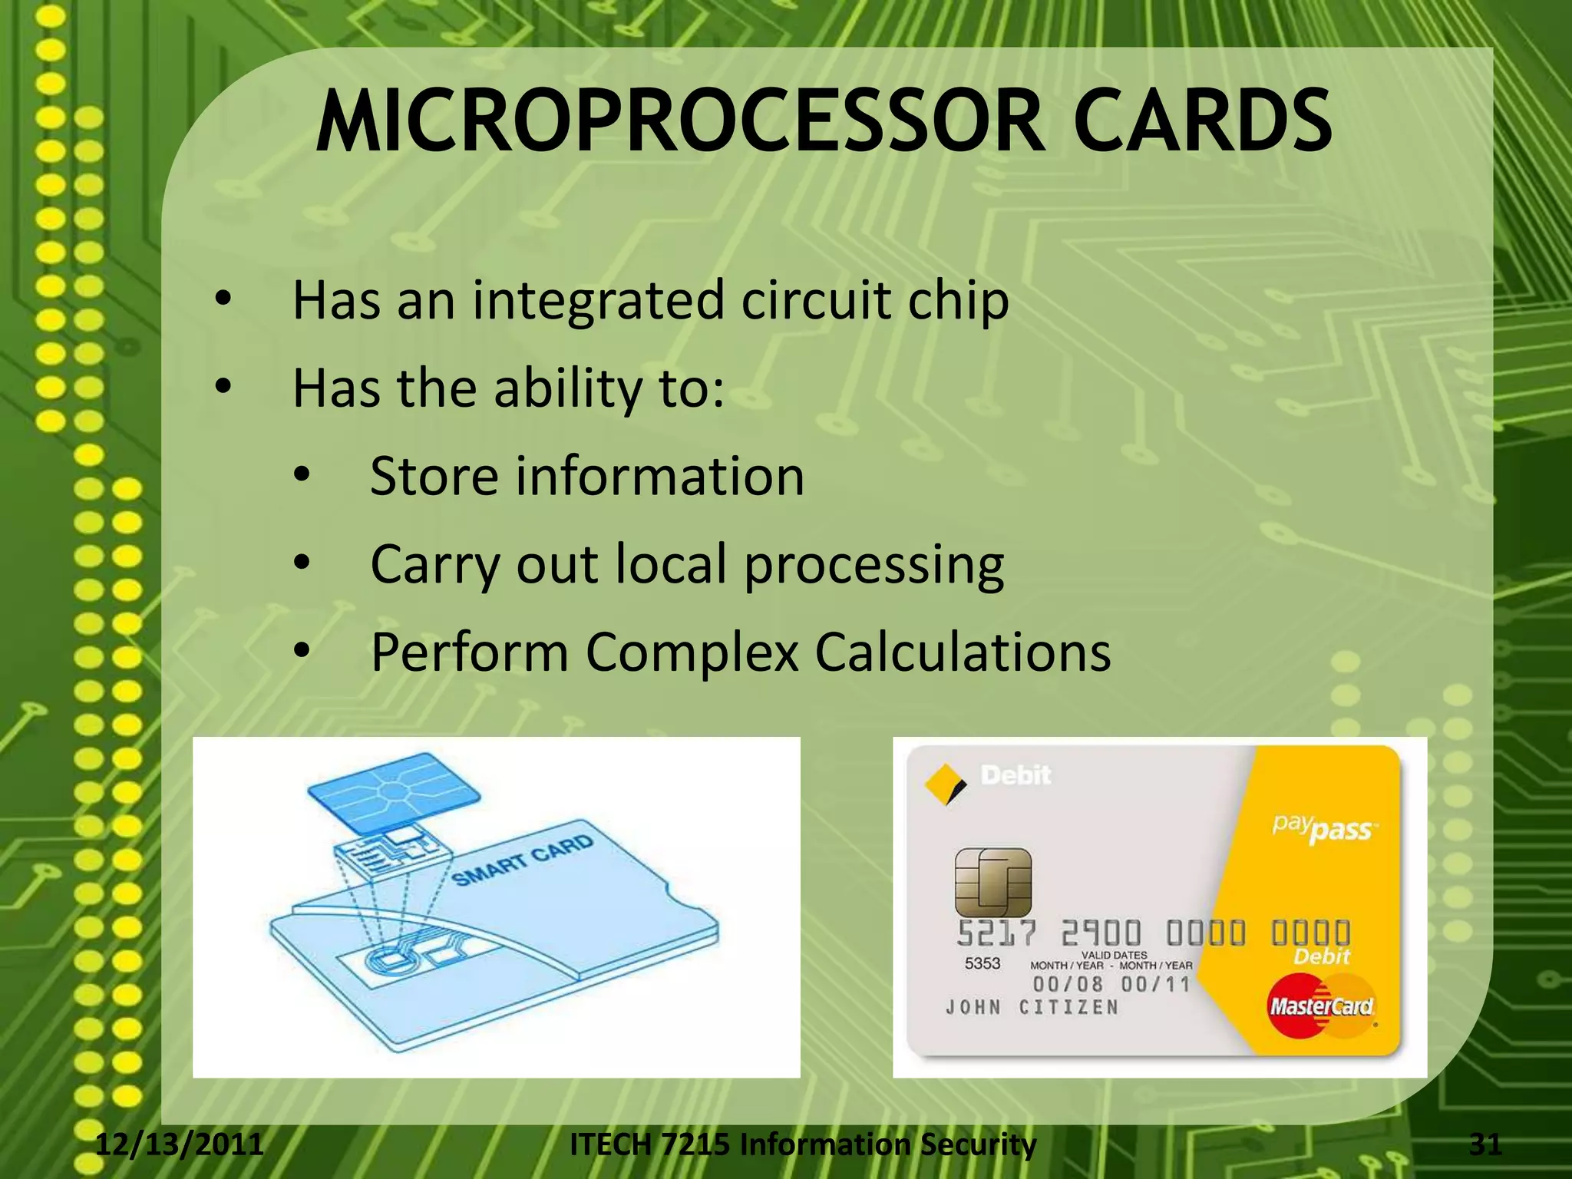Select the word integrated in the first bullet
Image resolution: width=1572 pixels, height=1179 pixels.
(598, 300)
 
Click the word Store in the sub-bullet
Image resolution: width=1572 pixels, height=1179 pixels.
(434, 476)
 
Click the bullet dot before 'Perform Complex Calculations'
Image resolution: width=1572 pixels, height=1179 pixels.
(302, 652)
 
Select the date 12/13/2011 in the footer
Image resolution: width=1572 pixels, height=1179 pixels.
(180, 1144)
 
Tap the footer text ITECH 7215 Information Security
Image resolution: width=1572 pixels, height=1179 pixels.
(803, 1144)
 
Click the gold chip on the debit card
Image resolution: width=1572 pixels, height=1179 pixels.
(992, 882)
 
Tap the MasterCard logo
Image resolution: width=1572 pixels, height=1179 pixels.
(1320, 1005)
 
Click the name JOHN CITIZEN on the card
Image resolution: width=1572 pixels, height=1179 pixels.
(1032, 1007)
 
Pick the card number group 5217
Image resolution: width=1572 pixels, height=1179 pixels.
(996, 934)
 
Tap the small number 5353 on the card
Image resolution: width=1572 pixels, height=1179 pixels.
(982, 963)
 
